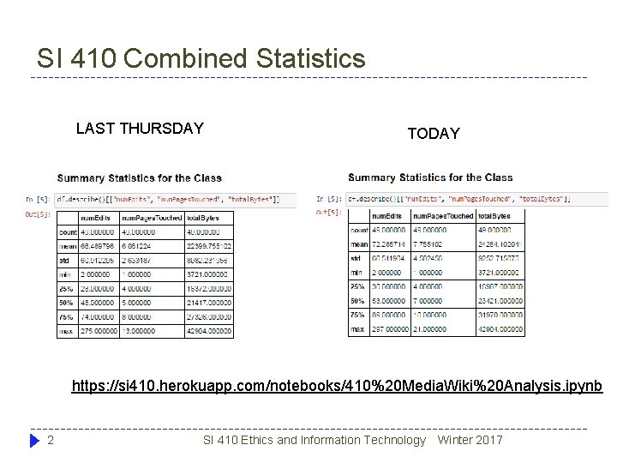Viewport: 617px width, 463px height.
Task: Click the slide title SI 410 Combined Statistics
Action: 201,58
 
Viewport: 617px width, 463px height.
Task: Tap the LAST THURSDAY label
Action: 140,129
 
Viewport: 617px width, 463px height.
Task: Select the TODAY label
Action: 434,134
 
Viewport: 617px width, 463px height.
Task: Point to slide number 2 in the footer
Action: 51,440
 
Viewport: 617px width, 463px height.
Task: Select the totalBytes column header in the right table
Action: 498,216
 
